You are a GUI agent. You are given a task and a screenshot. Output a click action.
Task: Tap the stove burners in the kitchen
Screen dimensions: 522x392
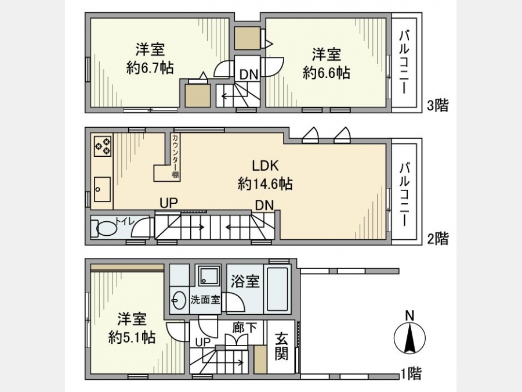click(103, 146)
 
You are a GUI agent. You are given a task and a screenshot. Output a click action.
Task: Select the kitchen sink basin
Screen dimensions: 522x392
click(102, 189)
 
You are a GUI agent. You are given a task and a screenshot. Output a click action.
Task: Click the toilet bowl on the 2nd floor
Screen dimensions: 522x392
click(106, 228)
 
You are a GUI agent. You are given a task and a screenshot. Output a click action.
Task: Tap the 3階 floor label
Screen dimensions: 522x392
click(438, 105)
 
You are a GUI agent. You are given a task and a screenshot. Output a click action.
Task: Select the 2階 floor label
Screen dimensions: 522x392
click(438, 239)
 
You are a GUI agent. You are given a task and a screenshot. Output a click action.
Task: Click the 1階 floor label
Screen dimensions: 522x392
click(411, 373)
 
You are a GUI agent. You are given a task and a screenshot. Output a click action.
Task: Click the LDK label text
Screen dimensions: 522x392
click(265, 166)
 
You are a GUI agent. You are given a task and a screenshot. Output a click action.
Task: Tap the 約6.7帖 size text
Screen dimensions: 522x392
click(150, 69)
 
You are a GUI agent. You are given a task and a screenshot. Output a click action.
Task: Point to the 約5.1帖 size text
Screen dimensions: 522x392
click(132, 338)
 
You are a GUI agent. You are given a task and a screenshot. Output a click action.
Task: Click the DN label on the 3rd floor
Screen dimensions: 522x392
click(249, 75)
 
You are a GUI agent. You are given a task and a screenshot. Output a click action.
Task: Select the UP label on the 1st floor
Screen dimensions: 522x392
click(203, 342)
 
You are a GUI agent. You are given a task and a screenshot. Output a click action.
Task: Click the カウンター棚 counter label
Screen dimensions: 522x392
click(175, 156)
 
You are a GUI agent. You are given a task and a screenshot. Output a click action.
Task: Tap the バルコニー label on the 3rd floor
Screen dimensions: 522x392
click(404, 62)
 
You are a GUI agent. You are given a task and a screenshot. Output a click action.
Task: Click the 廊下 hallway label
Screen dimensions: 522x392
click(244, 328)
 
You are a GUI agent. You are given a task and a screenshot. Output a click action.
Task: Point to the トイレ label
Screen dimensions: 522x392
click(125, 221)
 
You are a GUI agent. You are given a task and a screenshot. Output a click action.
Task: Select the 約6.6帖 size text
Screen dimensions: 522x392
click(326, 73)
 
